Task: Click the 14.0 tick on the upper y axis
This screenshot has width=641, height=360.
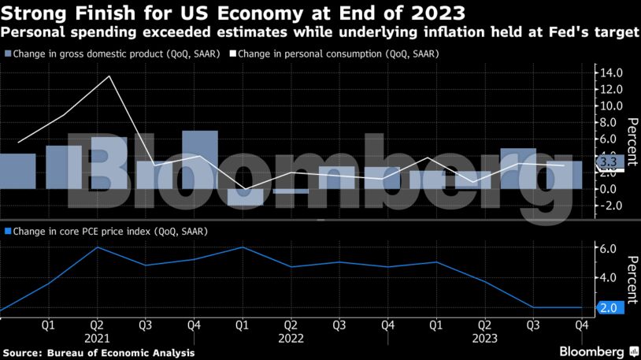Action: pos(611,72)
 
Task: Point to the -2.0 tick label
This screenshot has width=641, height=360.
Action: pos(610,206)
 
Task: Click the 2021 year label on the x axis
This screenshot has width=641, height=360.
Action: pos(95,337)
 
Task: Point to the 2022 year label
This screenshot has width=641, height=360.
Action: pos(291,337)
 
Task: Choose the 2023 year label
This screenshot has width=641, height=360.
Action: pos(485,337)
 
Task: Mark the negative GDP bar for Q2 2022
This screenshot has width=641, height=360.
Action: pos(291,191)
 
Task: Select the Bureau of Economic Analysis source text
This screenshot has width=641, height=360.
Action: pos(126,352)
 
